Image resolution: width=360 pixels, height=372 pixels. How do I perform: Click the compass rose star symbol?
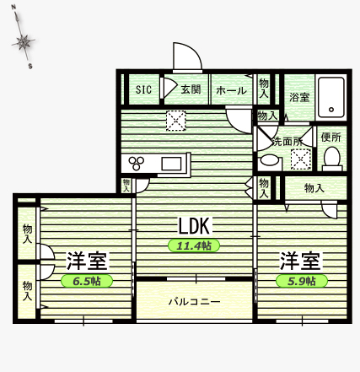(23, 42)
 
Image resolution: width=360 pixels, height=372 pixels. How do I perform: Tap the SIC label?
(143, 89)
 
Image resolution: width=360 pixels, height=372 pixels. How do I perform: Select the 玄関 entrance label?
(191, 89)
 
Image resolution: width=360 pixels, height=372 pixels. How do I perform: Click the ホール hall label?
(231, 90)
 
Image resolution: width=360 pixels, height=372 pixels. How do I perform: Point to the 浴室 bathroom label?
(299, 98)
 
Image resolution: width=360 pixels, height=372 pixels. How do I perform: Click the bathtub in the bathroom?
(331, 98)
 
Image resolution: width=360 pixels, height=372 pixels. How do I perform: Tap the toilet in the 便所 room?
(332, 159)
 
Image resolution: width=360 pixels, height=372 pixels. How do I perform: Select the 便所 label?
(331, 137)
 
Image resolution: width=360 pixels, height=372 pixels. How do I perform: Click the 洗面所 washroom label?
(287, 142)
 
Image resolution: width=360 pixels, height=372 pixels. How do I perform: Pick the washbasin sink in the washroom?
(270, 160)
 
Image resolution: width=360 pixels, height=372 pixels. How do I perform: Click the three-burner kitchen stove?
(137, 163)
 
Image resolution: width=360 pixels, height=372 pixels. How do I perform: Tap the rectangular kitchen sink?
(171, 164)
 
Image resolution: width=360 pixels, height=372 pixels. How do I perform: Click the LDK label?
(194, 226)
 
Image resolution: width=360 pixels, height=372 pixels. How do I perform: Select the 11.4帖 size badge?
(194, 245)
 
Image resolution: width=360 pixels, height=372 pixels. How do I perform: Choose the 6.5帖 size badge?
(87, 281)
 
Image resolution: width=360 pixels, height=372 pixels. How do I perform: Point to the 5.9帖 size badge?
(302, 281)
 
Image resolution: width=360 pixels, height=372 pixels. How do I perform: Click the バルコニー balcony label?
(195, 302)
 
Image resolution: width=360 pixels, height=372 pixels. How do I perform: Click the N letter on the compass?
(13, 8)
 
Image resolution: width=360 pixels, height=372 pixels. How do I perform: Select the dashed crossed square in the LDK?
(176, 121)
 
